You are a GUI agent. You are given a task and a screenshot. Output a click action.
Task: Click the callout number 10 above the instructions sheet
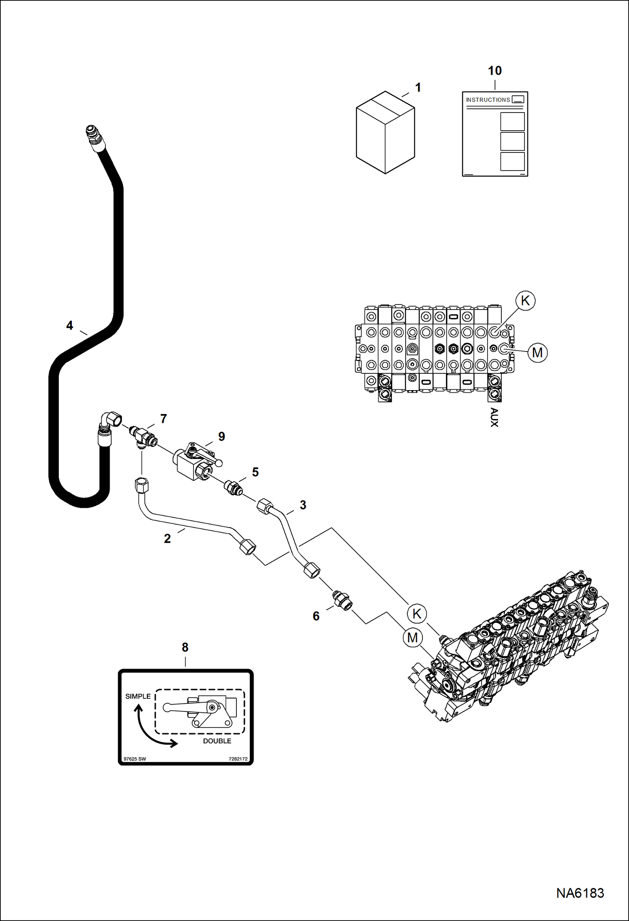[495, 71]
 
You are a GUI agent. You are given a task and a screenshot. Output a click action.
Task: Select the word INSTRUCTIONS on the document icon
[488, 100]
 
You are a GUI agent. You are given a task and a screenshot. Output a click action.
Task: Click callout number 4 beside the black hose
[70, 325]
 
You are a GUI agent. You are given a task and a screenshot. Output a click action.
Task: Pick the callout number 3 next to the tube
[303, 505]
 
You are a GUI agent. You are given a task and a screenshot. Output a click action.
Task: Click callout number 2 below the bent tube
[167, 539]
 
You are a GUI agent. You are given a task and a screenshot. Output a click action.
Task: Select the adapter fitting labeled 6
[343, 601]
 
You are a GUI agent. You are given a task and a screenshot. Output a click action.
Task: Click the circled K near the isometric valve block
[417, 614]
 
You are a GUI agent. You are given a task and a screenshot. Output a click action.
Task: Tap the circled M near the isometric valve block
[412, 638]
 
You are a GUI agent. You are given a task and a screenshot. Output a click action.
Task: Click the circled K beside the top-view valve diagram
[525, 301]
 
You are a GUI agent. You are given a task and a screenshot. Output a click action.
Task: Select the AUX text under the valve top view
[494, 417]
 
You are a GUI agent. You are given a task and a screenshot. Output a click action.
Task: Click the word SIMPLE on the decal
[138, 696]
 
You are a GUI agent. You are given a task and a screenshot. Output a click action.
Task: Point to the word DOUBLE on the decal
[217, 741]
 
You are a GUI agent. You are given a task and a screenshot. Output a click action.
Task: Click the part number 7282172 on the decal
[238, 759]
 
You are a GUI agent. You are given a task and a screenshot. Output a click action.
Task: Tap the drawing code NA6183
[580, 893]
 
